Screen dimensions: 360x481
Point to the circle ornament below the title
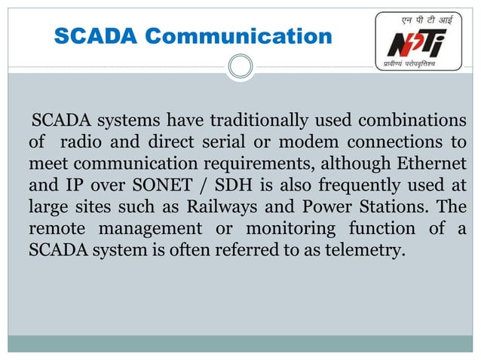240,68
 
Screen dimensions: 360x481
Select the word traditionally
257,121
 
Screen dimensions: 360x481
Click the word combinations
411,121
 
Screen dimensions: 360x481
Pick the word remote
55,228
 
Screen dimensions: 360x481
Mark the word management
155,228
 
